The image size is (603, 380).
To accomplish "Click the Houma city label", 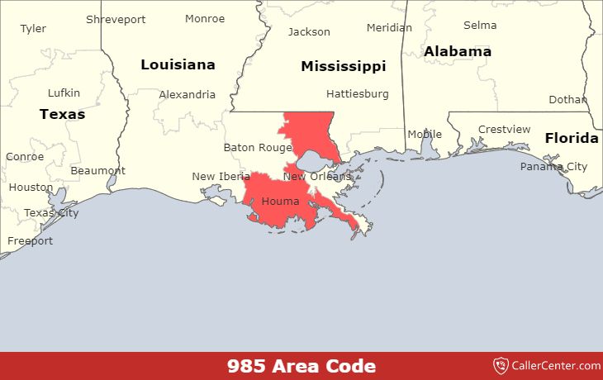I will pos(280,202).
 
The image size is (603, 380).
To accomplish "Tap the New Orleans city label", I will pos(317,176).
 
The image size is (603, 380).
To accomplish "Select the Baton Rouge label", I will pos(258,148).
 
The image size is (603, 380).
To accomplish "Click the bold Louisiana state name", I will pos(178,64).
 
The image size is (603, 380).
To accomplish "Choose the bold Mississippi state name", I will pos(343,66).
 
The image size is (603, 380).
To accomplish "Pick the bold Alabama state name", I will pos(457,51).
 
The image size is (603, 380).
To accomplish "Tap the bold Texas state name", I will pos(62,114).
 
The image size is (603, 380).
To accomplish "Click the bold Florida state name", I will pos(572,138).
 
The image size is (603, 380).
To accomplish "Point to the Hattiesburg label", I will pos(357,93).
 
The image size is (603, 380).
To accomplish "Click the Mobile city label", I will pos(425,135).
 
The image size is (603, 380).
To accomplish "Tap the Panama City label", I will pos(553,167).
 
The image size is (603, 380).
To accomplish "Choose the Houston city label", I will pos(31,188).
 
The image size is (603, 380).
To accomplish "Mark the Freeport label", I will pos(30,241).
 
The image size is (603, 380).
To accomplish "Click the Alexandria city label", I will pos(187,94).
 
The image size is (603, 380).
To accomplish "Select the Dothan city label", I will pos(567,100).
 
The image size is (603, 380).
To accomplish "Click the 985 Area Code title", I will pos(301,366).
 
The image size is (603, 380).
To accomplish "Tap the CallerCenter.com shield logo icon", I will pos(501,365).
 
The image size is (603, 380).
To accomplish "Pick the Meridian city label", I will pos(389,27).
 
